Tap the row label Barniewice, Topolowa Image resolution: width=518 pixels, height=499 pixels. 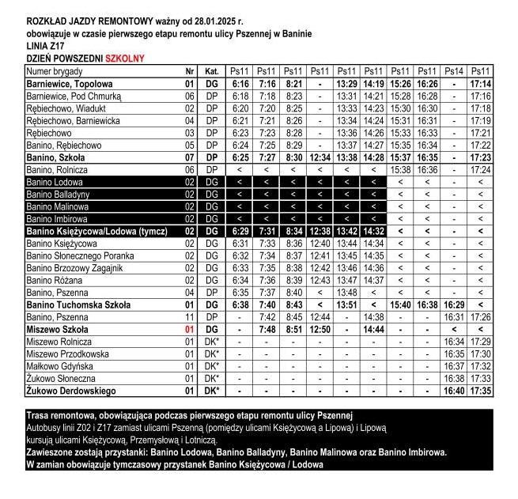click(x=70, y=83)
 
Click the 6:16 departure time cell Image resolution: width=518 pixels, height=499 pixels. click(x=240, y=83)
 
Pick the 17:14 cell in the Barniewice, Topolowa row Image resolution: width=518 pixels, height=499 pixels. click(x=480, y=83)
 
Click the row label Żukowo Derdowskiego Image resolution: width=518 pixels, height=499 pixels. click(x=71, y=391)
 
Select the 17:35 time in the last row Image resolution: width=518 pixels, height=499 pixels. click(x=480, y=391)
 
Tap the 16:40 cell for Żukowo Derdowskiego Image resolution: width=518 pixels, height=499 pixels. click(x=453, y=391)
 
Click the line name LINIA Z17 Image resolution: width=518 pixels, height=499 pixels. click(x=47, y=46)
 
